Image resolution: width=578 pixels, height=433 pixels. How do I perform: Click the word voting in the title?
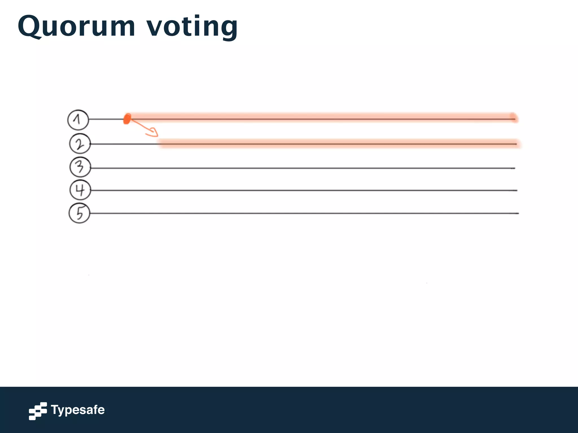[192, 27]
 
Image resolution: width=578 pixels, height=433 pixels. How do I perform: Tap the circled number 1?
[78, 120]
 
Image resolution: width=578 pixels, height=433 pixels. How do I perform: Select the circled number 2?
[80, 144]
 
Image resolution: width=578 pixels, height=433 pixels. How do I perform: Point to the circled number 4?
[80, 190]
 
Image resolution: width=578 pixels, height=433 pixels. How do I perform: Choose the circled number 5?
[79, 213]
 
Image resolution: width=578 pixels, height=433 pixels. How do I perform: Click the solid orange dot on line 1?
[127, 119]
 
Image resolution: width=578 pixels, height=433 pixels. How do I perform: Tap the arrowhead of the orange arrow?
[154, 132]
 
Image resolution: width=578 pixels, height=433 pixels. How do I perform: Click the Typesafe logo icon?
[38, 411]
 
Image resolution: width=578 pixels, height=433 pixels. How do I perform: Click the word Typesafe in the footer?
[78, 410]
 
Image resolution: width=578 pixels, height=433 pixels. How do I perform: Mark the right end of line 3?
[514, 168]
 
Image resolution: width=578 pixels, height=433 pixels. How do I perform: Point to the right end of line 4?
[516, 191]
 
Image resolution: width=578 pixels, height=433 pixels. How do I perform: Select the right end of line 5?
[518, 213]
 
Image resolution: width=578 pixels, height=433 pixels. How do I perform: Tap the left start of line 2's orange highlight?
[160, 143]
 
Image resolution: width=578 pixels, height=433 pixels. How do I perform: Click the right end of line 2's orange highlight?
[518, 143]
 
